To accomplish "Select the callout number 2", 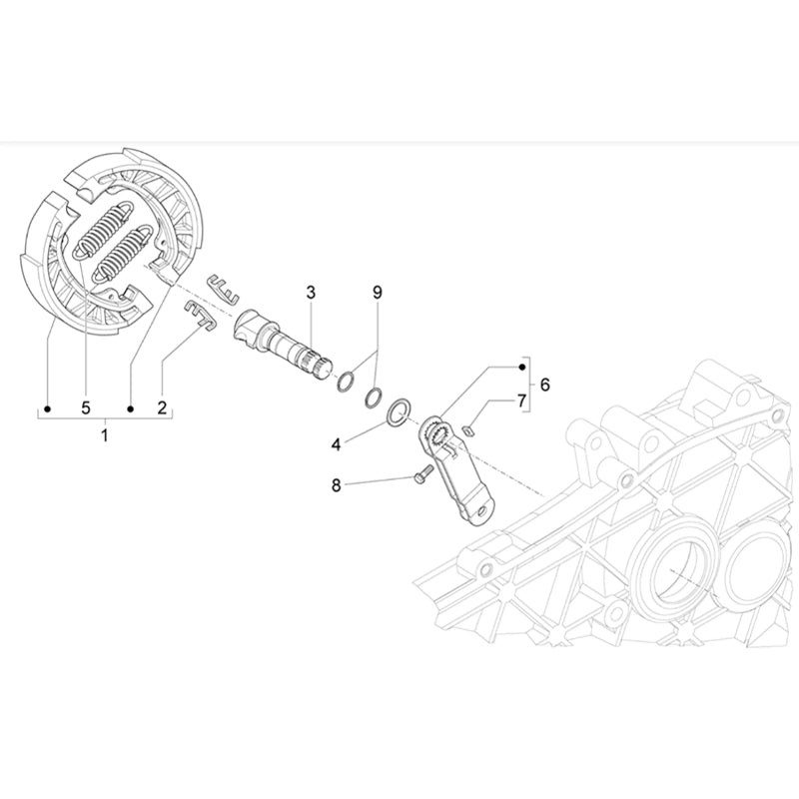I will coord(161,407).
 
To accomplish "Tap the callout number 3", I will coord(311,292).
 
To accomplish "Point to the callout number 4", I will coord(337,442).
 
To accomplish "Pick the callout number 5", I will coord(86,407).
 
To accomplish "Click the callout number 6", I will coord(544,384).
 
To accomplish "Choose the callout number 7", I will coord(520,400).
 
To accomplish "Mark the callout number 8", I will coord(337,485).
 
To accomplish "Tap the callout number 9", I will coord(378,292).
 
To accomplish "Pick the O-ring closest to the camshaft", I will coord(346,382).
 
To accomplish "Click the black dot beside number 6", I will coord(521,368).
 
